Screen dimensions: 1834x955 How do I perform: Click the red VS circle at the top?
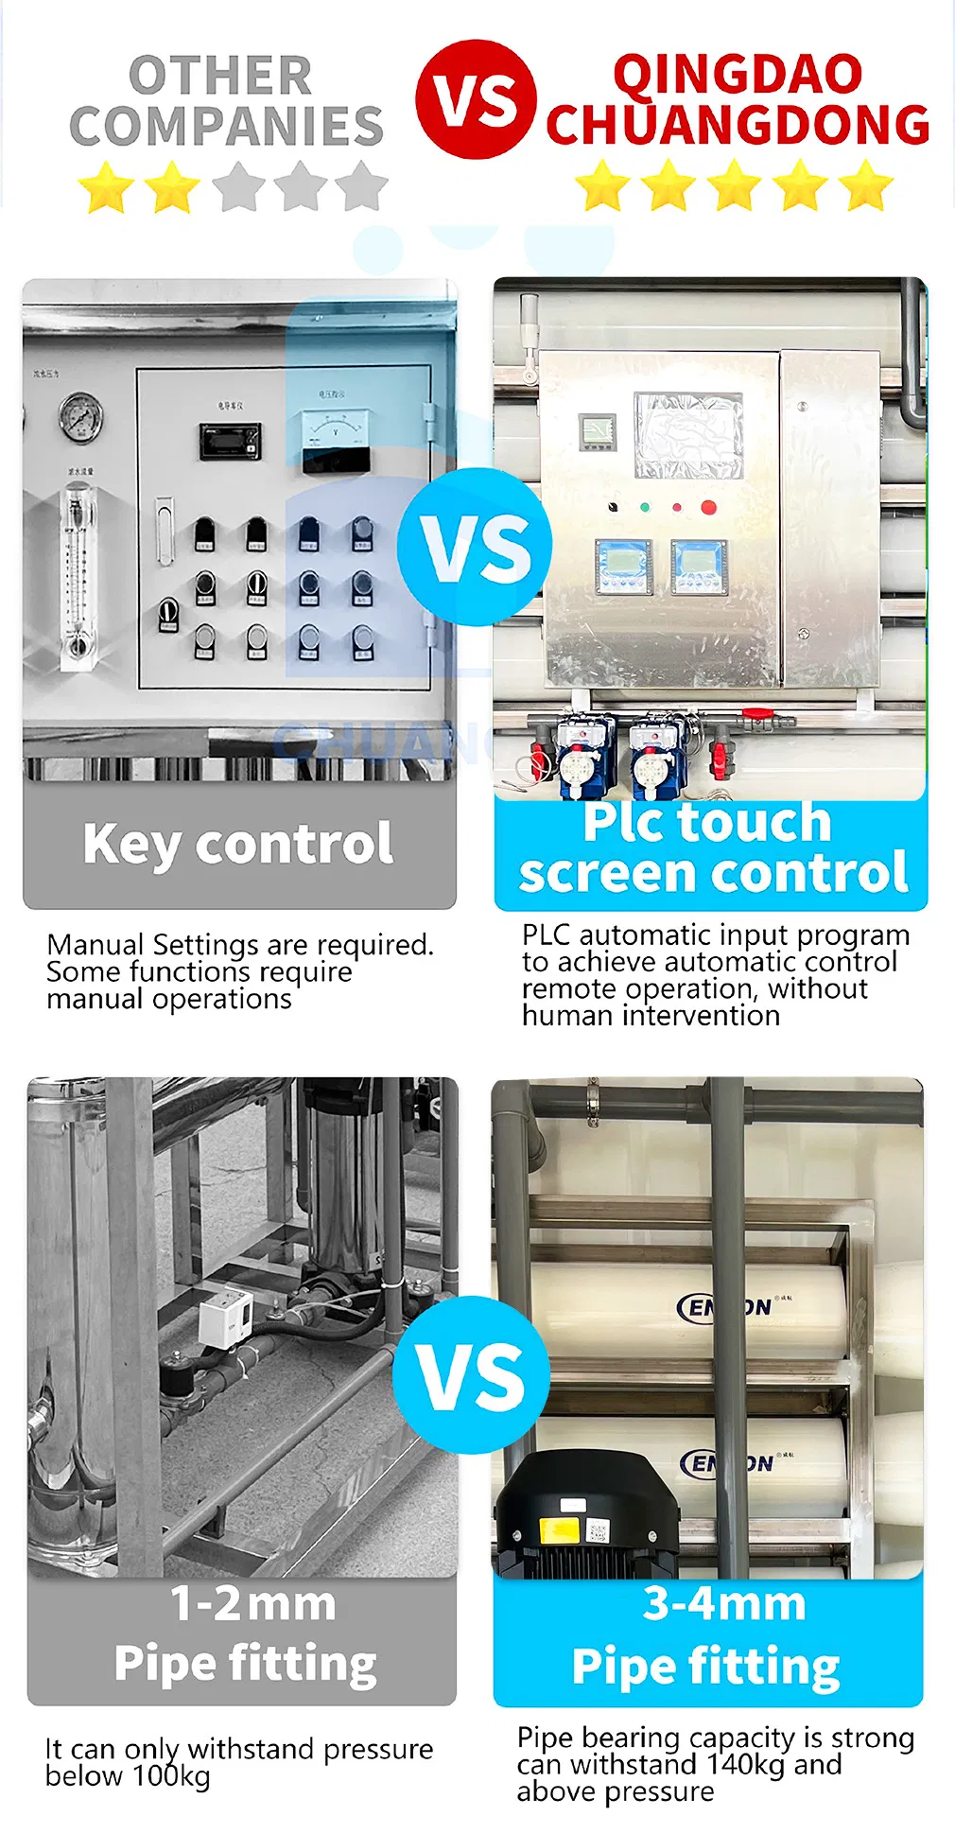[x=476, y=99]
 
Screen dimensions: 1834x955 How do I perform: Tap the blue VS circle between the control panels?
[x=475, y=547]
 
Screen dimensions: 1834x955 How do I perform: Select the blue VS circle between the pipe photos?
[x=471, y=1373]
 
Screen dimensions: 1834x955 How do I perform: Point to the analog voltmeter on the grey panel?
[x=336, y=430]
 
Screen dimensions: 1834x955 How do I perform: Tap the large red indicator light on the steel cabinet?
[x=708, y=507]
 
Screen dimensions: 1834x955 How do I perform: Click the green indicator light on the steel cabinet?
[x=645, y=507]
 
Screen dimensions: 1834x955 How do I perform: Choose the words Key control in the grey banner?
[x=238, y=844]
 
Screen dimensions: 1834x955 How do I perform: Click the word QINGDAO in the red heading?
[x=738, y=74]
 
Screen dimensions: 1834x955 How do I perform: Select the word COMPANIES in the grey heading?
[x=227, y=127]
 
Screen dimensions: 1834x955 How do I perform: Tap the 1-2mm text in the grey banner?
[x=252, y=1604]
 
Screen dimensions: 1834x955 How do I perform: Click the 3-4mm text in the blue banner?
[x=724, y=1604]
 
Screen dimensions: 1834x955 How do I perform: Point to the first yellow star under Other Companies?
[x=106, y=186]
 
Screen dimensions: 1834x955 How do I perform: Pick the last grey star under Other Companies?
[x=361, y=186]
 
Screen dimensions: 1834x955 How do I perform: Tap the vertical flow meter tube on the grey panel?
[x=78, y=572]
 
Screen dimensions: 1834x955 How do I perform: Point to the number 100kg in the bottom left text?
[x=170, y=1776]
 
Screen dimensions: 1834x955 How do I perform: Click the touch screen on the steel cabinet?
[x=688, y=435]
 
